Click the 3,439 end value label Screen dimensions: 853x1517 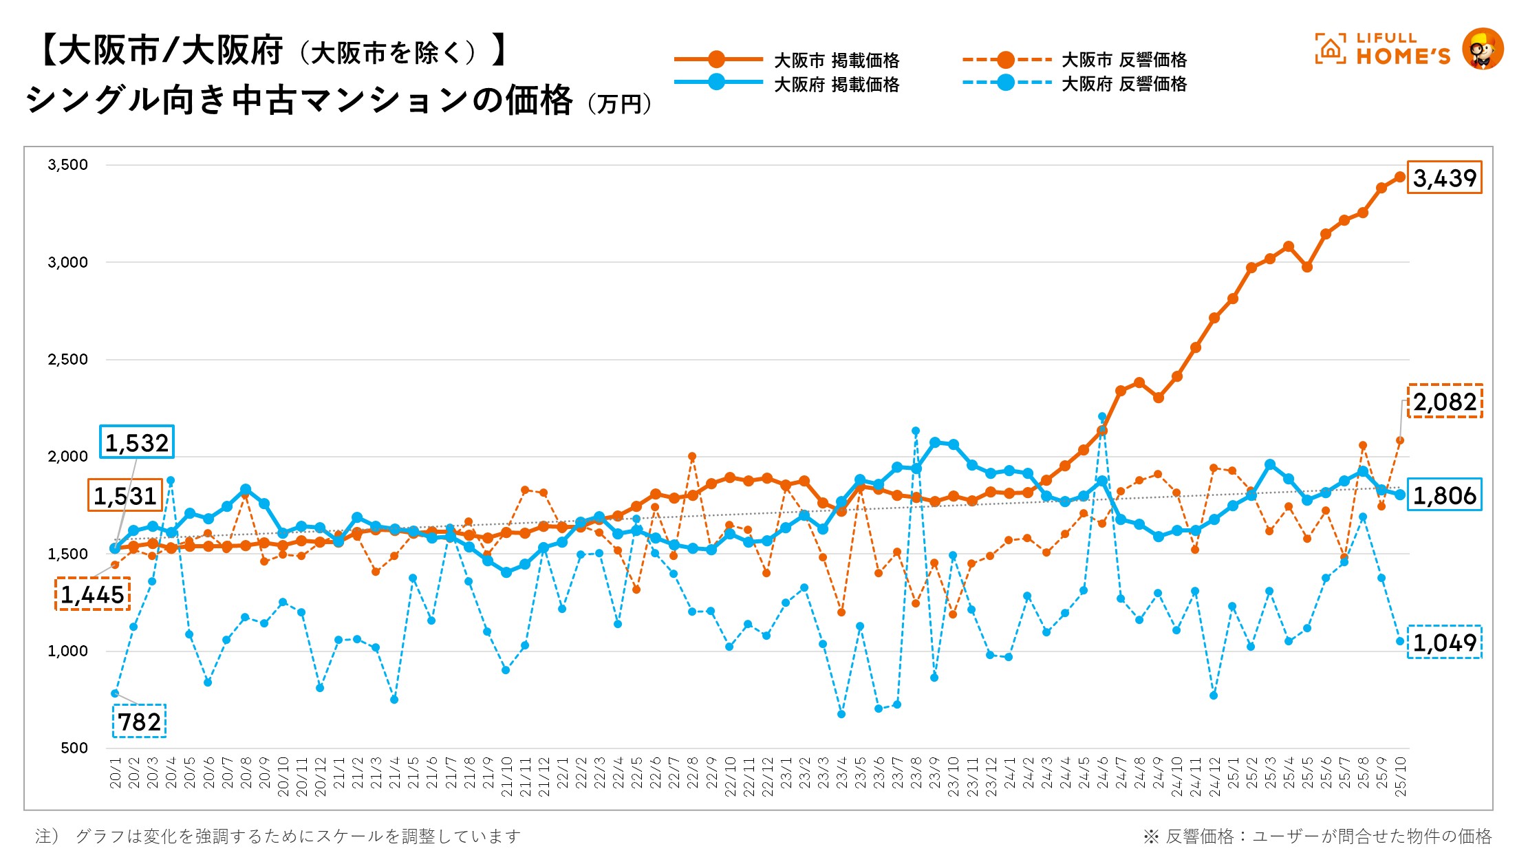[1444, 178]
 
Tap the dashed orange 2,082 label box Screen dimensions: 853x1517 [1445, 402]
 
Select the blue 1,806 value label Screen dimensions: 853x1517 [1444, 495]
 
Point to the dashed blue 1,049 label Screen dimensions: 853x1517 [1444, 643]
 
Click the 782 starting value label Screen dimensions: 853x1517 [140, 722]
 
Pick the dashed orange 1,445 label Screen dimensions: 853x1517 [92, 594]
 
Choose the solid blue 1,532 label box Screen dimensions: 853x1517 [137, 442]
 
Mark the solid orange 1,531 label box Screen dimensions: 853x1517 [125, 495]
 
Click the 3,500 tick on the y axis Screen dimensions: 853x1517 [67, 165]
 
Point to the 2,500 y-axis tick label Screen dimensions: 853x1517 [67, 359]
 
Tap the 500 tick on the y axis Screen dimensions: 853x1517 [74, 748]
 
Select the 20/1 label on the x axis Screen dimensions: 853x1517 [115, 774]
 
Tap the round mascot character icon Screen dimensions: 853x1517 [1482, 49]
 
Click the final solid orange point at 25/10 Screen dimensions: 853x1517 [1399, 177]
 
